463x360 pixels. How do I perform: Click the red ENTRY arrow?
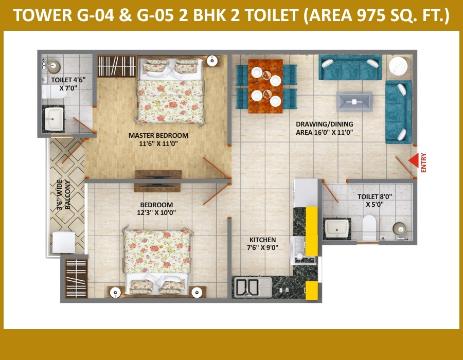tap(414, 160)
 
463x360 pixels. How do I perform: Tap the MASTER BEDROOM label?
tap(158, 139)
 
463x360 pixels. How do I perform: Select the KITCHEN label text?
tap(262, 244)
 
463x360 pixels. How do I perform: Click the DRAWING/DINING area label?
tap(325, 129)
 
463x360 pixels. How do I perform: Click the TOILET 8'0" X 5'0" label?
tap(375, 201)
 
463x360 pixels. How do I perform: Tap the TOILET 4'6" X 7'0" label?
tap(68, 84)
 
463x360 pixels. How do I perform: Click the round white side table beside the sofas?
tap(398, 66)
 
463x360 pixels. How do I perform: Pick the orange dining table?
tap(265, 86)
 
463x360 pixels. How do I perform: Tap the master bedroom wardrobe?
tap(117, 66)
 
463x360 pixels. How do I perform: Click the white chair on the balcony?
tap(64, 242)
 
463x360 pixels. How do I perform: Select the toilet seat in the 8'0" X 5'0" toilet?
tap(369, 227)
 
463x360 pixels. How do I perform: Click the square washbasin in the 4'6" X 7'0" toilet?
tap(54, 119)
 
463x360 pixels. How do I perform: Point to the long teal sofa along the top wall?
tap(350, 67)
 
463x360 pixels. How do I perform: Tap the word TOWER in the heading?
tap(43, 15)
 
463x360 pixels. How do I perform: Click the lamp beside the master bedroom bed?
tap(212, 61)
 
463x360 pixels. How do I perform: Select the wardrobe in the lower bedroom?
tap(76, 278)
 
